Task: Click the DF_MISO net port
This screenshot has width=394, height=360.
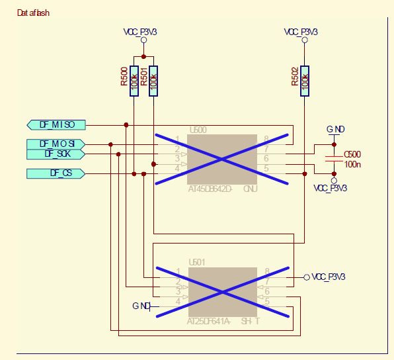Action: tap(56, 124)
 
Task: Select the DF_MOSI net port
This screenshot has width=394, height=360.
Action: tap(56, 144)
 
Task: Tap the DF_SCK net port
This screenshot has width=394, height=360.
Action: tap(56, 154)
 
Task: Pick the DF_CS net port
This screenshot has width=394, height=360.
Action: tap(56, 173)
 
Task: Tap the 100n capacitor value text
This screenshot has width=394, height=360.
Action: tap(352, 163)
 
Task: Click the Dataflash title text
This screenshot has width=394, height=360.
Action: tap(33, 13)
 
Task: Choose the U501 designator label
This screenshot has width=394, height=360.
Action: tap(196, 262)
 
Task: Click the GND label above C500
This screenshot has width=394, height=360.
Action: tap(335, 129)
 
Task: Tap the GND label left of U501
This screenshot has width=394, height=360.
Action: tap(140, 306)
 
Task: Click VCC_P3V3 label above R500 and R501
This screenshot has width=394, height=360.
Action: tap(143, 32)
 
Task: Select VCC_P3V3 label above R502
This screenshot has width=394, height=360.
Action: tap(301, 32)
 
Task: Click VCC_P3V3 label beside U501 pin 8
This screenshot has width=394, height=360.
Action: tap(329, 277)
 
